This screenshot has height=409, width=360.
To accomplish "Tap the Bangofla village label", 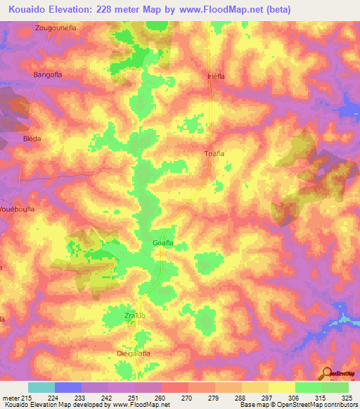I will [49, 73].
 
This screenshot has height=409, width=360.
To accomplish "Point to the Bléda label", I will [32, 138].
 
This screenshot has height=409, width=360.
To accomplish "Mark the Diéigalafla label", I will [134, 353].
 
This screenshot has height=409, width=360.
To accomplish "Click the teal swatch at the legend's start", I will [41, 387].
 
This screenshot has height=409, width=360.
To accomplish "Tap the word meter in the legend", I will [13, 397].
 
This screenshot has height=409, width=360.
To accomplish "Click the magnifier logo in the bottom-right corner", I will [328, 373].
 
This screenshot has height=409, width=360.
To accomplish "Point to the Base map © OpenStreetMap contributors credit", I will [297, 405].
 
